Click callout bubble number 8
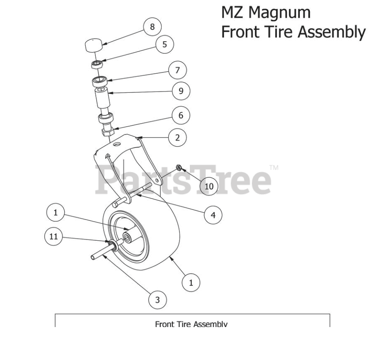click(152, 27)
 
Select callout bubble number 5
click(165, 44)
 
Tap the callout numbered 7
click(177, 70)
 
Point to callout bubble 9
click(181, 91)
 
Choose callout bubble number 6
click(180, 115)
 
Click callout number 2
click(177, 138)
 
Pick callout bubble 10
click(208, 186)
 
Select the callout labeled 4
click(213, 214)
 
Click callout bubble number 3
click(157, 299)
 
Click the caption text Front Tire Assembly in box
click(192, 324)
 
